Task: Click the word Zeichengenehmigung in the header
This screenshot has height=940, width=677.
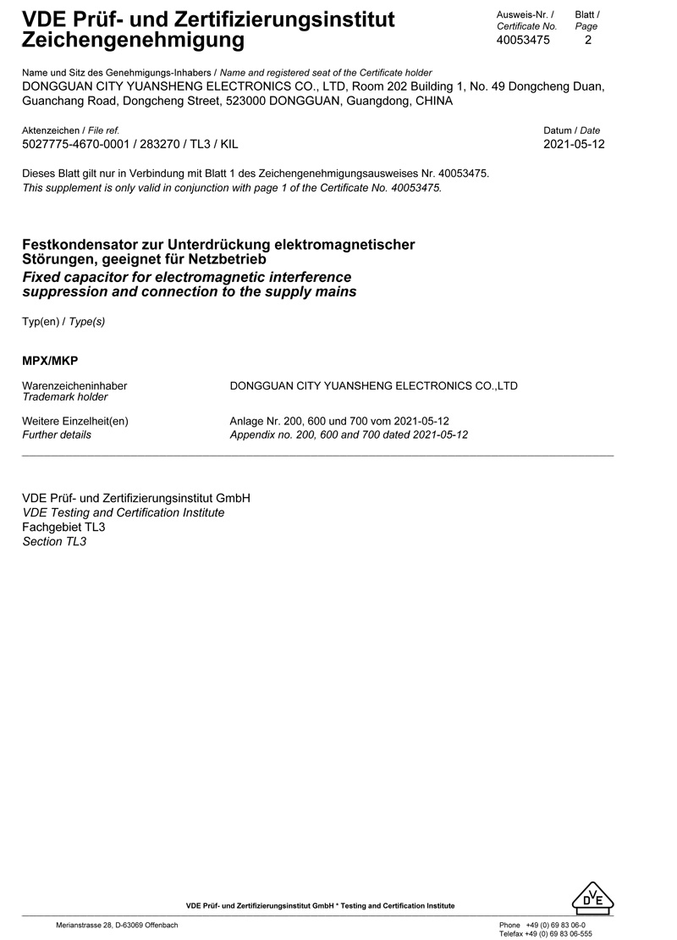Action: click(133, 39)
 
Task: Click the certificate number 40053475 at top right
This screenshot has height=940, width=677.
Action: click(523, 40)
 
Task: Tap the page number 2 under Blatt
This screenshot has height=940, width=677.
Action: click(588, 40)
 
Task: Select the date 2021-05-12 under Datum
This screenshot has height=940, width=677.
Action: click(574, 145)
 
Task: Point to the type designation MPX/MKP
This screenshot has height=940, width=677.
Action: click(50, 361)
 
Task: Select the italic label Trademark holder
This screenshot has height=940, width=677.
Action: click(64, 397)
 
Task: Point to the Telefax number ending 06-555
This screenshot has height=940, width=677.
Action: click(559, 934)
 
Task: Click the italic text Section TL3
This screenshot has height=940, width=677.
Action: click(54, 541)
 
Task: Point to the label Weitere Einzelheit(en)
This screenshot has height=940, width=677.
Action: click(74, 422)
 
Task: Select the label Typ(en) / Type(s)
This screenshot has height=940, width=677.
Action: click(63, 321)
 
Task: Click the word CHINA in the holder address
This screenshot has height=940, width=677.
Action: click(432, 101)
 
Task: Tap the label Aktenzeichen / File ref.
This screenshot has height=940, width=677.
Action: click(70, 130)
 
